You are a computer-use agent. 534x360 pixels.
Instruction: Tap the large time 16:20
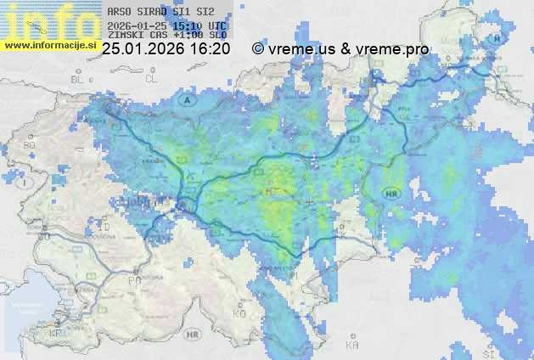209,49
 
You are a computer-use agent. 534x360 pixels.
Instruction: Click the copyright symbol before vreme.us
258,50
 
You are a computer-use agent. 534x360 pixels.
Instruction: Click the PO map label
133,279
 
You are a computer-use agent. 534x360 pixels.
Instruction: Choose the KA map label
351,345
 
